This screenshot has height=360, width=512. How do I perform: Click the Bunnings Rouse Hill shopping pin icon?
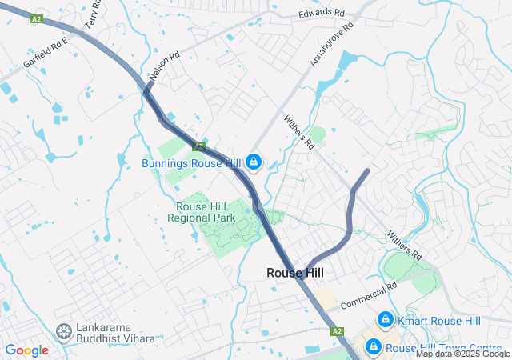(x=254, y=162)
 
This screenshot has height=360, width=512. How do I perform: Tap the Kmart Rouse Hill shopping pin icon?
(x=386, y=320)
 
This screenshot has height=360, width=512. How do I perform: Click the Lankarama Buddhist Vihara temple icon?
(x=63, y=331)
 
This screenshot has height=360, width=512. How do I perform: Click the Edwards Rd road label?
(x=321, y=14)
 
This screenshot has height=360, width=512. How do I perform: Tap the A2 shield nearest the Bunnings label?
(x=199, y=146)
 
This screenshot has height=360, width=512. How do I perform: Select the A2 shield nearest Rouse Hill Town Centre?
(x=337, y=330)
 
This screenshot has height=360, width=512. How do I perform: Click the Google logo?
(x=26, y=350)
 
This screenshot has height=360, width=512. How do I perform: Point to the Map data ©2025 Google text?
(x=462, y=354)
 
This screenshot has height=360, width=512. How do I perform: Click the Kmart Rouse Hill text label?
(x=440, y=321)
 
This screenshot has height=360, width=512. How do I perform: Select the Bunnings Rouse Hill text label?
(x=193, y=163)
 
